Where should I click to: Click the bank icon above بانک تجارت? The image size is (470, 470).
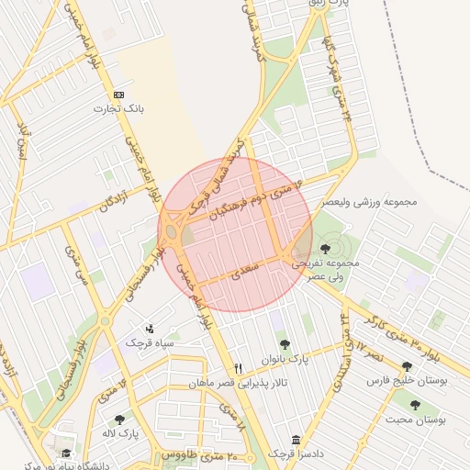pyautogui.click(x=118, y=95)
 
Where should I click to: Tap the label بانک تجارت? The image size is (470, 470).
pyautogui.click(x=119, y=109)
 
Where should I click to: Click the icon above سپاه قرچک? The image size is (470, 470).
pyautogui.click(x=150, y=328)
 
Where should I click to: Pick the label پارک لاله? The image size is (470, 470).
pyautogui.click(x=120, y=433)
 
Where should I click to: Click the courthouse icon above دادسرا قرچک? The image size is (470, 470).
pyautogui.click(x=295, y=440)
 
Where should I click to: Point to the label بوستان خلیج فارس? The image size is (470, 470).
pyautogui.click(x=406, y=380)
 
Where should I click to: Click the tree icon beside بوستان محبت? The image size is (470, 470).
pyautogui.click(x=415, y=404)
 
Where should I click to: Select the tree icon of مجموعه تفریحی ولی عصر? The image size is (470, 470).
pyautogui.click(x=325, y=249)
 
